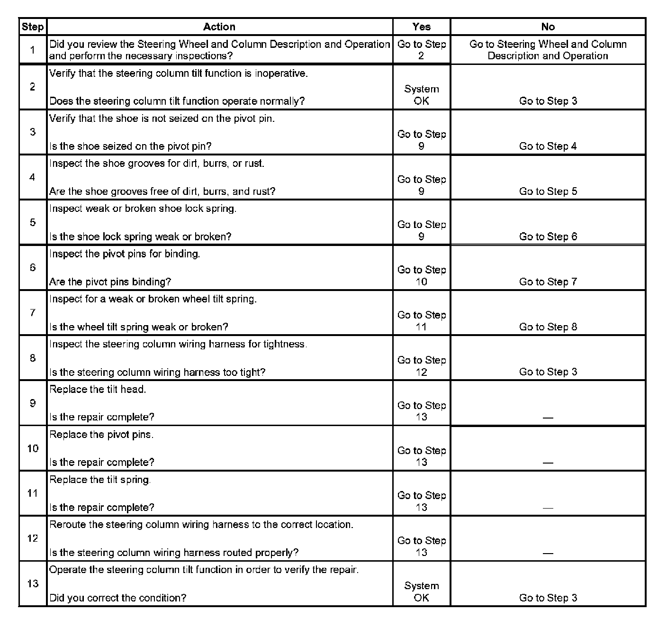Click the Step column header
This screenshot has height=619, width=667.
pos(32,27)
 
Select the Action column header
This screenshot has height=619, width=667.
pos(219,27)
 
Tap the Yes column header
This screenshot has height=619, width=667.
pos(421,27)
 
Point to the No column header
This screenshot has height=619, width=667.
pos(548,27)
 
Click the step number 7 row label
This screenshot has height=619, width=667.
pos(32,313)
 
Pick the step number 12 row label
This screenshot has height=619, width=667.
pos(32,538)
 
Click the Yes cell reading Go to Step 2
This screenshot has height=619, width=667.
pos(421,50)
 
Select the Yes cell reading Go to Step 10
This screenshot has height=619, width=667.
pos(421,275)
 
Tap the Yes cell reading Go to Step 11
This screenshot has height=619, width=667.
pos(421,321)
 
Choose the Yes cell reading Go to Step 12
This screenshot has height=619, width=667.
pos(421,366)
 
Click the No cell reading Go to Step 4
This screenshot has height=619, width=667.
pos(548,146)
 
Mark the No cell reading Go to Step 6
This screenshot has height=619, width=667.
pos(548,237)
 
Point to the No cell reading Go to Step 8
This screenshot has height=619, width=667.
pos(548,327)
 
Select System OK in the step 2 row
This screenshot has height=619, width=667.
pos(421,95)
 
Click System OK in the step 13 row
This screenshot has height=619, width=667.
pos(421,592)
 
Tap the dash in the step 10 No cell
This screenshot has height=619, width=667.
pos(548,463)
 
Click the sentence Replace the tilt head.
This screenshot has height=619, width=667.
pos(98,390)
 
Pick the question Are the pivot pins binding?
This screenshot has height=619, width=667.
pos(110,282)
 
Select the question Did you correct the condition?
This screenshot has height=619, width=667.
pos(118,598)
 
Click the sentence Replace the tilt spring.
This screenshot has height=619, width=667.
pos(100,480)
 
